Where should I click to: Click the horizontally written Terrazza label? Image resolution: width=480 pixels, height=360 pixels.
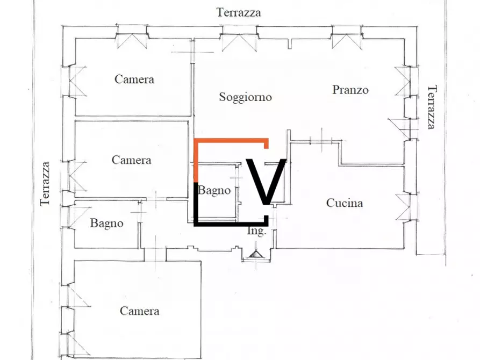tap(239, 12)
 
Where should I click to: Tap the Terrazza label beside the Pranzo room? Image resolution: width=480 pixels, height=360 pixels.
tap(431, 107)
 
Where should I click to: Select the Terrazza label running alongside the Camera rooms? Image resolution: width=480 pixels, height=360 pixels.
tap(46, 183)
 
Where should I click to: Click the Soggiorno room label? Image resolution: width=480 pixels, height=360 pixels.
tap(245, 97)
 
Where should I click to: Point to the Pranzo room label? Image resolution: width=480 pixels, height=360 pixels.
tap(350, 90)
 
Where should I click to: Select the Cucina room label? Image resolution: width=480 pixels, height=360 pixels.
tap(345, 203)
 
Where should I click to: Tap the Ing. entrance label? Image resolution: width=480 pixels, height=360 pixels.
tap(256, 231)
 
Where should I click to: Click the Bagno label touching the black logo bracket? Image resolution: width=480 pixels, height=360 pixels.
tap(215, 190)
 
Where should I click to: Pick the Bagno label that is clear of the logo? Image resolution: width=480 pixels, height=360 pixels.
tap(106, 223)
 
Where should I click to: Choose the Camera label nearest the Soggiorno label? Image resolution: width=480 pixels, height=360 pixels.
tap(134, 80)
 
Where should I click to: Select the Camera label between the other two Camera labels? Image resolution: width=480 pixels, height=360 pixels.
tap(131, 160)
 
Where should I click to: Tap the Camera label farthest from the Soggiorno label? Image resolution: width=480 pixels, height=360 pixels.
tap(139, 311)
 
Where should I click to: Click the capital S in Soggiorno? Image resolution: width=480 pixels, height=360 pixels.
tap(223, 97)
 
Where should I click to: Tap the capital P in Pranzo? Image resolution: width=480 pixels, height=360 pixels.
tap(335, 90)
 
